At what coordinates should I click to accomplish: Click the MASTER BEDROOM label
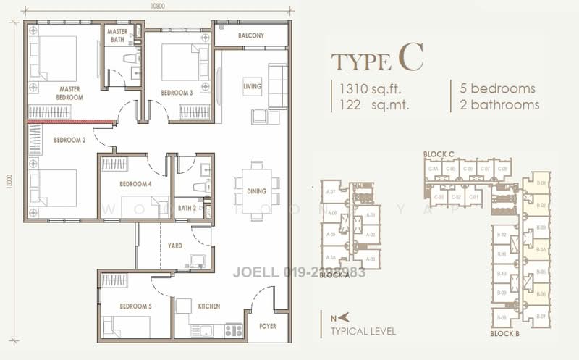click(69, 93)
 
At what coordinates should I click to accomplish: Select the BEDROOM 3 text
click(177, 93)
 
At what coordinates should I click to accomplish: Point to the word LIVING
click(252, 85)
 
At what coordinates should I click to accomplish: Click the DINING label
click(256, 191)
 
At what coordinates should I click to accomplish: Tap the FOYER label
click(268, 327)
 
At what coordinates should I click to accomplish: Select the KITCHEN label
click(209, 306)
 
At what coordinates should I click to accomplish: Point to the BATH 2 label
click(187, 208)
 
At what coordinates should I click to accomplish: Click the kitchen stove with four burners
click(233, 330)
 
